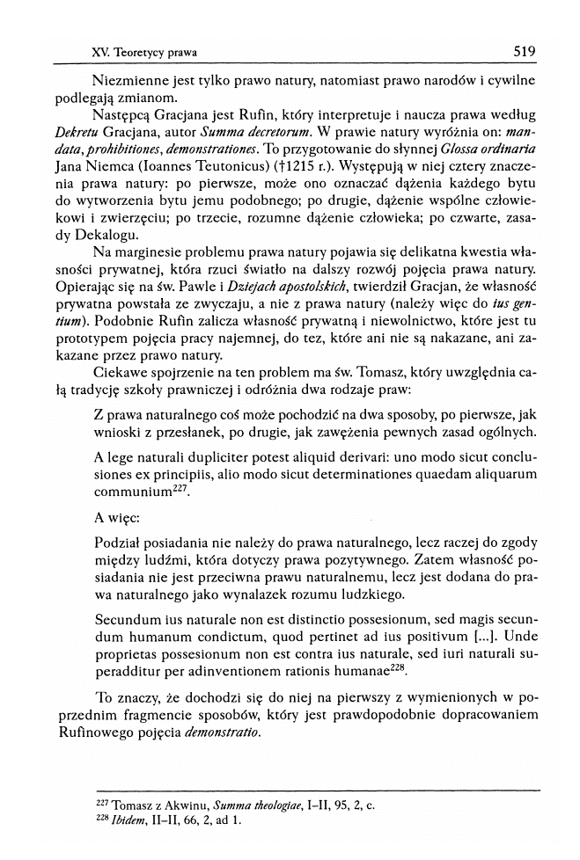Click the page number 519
[525, 51]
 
